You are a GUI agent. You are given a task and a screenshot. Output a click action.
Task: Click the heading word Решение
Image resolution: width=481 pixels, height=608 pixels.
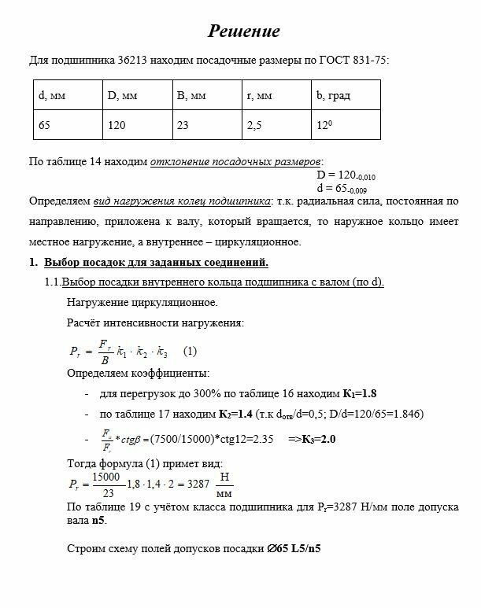[243, 31]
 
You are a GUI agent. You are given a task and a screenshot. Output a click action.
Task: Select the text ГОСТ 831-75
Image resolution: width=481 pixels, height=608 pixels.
[353, 61]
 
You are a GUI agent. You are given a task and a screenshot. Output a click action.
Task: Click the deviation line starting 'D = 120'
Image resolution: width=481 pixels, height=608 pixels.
[346, 175]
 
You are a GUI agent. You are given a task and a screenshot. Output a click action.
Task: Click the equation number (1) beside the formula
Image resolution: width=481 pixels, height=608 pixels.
[190, 351]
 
